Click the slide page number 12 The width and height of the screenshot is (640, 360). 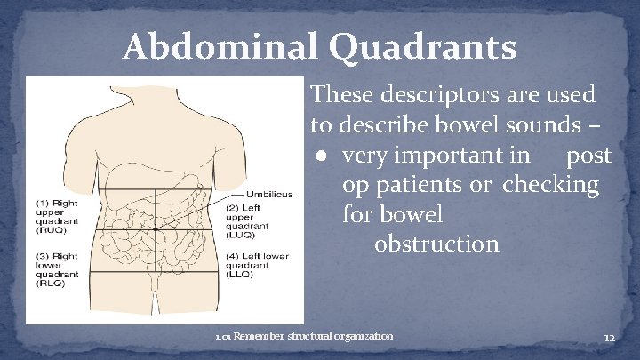tap(609, 339)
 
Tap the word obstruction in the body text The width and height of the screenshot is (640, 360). tap(436, 243)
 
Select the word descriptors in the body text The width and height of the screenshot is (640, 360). tap(424, 93)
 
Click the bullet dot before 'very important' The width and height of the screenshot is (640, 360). tap(321, 157)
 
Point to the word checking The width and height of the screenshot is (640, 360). tap(550, 186)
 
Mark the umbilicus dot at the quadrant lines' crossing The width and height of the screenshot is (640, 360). tap(155, 229)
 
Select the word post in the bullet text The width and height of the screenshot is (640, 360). tap(588, 156)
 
